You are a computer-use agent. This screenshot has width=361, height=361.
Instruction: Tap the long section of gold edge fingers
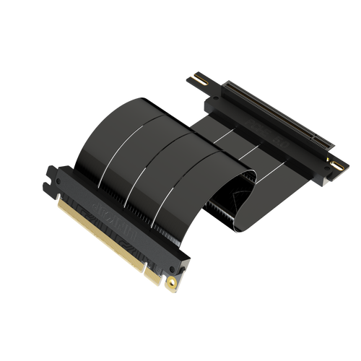pos(101,231)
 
